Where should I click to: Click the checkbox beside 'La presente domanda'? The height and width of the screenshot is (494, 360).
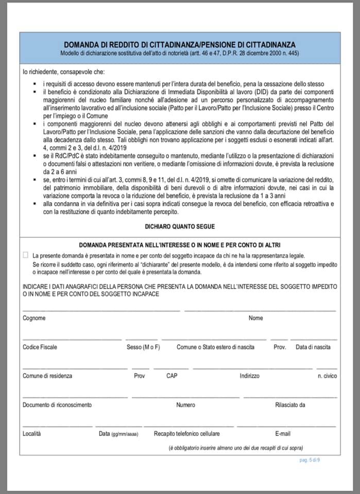click(x=26, y=255)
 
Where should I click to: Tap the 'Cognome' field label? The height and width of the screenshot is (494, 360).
click(x=34, y=318)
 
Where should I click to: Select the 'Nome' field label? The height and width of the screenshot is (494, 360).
click(x=256, y=318)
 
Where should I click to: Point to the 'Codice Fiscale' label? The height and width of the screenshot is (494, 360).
click(x=40, y=347)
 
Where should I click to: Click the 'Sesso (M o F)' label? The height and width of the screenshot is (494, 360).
click(x=143, y=347)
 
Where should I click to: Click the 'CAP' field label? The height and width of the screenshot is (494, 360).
click(x=172, y=376)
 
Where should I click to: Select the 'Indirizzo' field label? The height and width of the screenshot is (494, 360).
click(x=249, y=376)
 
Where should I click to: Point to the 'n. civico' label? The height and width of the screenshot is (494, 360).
click(x=327, y=376)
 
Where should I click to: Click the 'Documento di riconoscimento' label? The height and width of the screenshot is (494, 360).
click(x=57, y=405)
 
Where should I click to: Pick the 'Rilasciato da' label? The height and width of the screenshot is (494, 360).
click(x=290, y=405)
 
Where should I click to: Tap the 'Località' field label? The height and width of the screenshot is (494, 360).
click(x=31, y=434)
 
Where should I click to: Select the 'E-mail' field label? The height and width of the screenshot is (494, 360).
click(x=283, y=434)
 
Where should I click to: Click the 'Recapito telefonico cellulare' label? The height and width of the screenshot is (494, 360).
click(x=186, y=434)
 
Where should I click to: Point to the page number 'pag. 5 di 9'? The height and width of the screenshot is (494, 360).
click(x=310, y=460)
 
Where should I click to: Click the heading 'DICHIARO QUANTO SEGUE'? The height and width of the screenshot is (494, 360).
click(x=180, y=226)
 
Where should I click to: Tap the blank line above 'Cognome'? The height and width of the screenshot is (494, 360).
click(x=101, y=310)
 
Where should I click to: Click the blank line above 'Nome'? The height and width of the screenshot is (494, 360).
click(x=260, y=310)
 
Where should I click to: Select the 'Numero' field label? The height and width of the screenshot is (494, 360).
click(x=185, y=405)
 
